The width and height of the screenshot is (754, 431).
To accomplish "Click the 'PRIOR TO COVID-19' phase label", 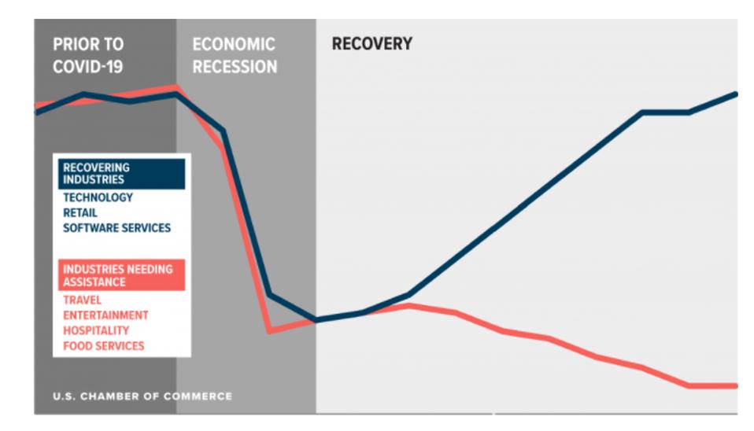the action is [x=88, y=55].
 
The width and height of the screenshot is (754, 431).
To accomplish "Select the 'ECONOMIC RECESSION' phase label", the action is [x=235, y=55].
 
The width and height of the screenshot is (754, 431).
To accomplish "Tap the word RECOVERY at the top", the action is [x=371, y=44].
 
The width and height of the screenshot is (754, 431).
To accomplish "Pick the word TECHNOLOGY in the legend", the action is [x=98, y=197].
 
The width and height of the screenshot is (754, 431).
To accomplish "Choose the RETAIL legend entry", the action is [x=80, y=213].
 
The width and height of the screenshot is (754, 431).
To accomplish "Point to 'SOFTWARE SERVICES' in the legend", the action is [x=116, y=228].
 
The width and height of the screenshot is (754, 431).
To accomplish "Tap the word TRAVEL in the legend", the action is [x=82, y=300].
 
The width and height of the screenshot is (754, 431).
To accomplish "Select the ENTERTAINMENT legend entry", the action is [x=105, y=315].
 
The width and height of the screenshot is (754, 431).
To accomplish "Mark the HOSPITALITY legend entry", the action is [x=96, y=330].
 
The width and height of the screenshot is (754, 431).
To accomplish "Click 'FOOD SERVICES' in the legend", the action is [x=103, y=346].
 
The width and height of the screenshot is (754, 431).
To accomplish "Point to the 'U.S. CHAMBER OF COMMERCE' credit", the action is [x=142, y=396].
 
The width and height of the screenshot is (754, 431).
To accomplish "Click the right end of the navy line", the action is [x=736, y=94].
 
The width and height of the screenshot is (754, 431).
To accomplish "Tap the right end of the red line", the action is [x=736, y=386].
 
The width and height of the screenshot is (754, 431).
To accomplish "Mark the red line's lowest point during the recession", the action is [x=270, y=331].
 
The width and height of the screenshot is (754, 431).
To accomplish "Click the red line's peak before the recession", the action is [x=176, y=87].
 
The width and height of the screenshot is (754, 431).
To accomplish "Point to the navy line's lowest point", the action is [x=316, y=320].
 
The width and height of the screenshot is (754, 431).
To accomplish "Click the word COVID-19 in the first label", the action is [x=88, y=67].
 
